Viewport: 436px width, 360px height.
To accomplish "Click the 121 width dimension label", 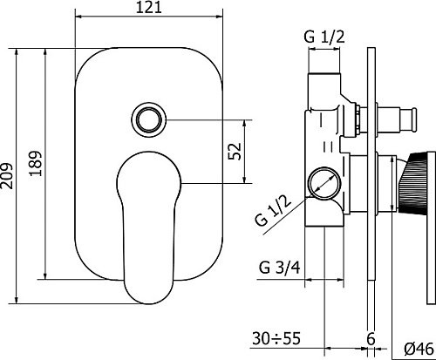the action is [148, 7].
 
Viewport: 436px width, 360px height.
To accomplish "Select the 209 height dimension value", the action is [7, 176].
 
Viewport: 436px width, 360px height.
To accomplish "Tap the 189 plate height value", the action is [36, 163].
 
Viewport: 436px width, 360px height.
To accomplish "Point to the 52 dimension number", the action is [235, 151].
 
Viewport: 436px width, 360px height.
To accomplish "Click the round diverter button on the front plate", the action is [148, 119].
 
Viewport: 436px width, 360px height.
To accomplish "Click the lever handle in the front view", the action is [148, 228].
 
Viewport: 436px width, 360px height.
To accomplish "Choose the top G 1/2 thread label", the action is [324, 37].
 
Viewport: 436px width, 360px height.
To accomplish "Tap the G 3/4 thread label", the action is [279, 268].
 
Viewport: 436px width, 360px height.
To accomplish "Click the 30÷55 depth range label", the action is [276, 338].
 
